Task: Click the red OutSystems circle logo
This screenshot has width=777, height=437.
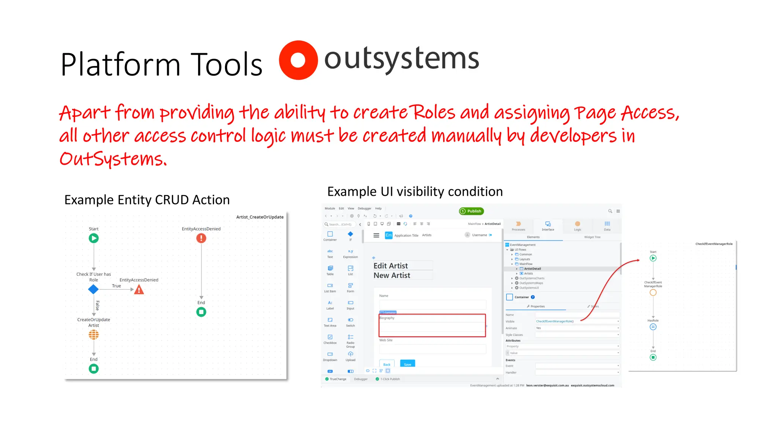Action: [298, 60]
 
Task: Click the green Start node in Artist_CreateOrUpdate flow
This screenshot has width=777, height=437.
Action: [94, 238]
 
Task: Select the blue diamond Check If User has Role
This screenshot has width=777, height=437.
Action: [93, 289]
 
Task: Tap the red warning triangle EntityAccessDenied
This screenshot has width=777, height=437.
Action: [139, 290]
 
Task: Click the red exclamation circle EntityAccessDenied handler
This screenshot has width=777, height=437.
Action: [201, 238]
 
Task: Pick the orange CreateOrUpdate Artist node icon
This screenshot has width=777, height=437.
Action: [94, 335]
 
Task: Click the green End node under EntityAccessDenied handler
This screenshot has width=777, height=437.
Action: [201, 312]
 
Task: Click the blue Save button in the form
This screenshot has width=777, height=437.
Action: [407, 364]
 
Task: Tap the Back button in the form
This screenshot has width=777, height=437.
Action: [387, 364]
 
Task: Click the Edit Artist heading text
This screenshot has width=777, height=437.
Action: [391, 266]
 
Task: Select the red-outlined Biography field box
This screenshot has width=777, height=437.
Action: [432, 325]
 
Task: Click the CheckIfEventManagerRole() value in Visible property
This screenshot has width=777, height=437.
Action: [555, 321]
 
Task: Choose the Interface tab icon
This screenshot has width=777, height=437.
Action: [548, 224]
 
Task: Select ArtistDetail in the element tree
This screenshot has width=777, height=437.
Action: [532, 269]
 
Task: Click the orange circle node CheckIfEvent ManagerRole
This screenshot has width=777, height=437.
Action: [653, 292]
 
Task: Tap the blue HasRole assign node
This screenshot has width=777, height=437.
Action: [653, 327]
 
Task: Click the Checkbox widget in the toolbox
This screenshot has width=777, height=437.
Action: [330, 337]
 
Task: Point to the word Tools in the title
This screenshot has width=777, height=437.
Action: [226, 64]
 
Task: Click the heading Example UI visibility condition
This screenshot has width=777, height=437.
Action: [415, 192]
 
